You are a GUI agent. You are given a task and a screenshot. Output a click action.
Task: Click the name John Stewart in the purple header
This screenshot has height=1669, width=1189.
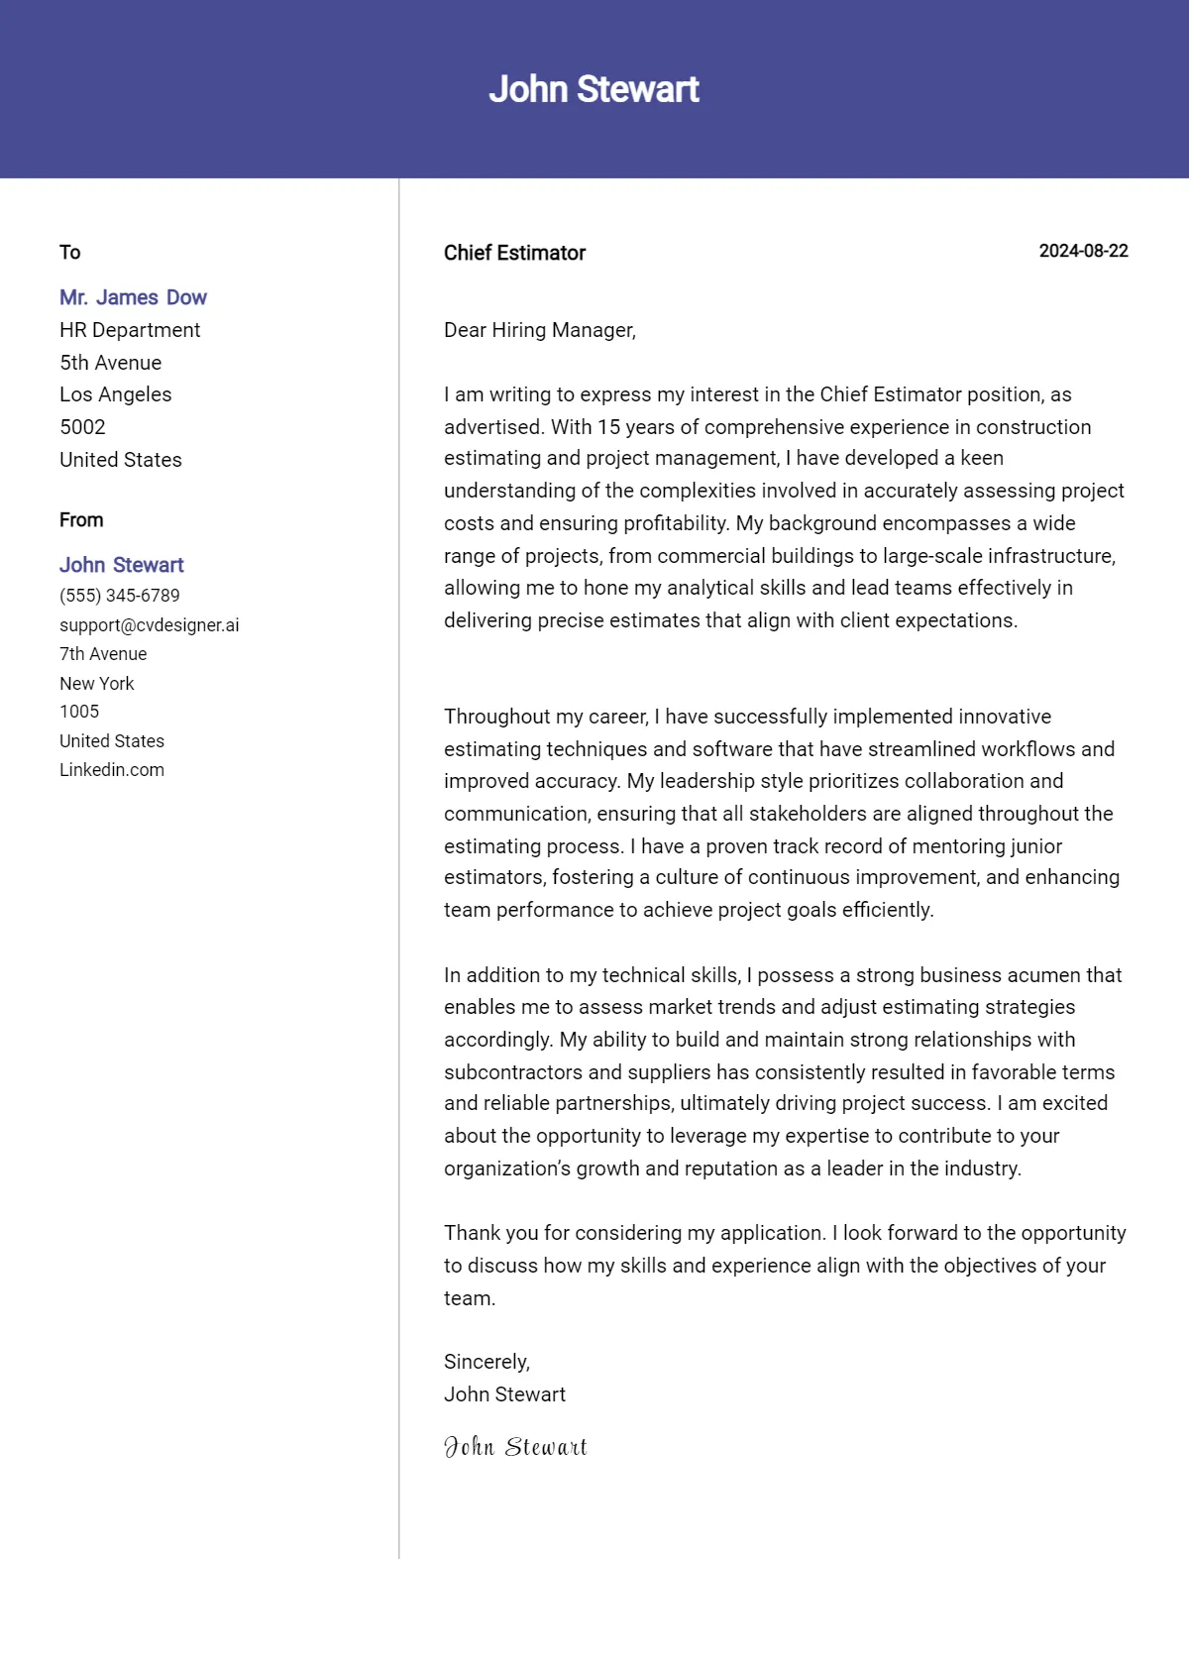pos(594,89)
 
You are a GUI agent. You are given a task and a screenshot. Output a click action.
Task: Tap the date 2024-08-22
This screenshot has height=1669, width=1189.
pos(1083,251)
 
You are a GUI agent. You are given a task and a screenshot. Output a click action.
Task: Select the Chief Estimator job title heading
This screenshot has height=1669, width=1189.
pos(514,253)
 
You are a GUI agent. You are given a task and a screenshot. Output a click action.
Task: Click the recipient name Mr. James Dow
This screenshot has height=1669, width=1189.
pos(133,297)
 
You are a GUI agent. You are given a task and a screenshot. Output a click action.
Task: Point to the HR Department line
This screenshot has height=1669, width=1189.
pos(130,330)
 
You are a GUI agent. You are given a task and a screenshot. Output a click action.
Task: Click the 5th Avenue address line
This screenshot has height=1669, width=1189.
pos(110,363)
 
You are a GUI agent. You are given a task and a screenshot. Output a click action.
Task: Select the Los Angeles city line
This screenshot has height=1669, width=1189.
pos(115,394)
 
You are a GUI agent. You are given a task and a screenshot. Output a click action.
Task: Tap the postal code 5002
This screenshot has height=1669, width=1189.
pos(82,427)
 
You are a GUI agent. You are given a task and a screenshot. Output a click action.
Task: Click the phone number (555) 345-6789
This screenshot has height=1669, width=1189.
pos(120,596)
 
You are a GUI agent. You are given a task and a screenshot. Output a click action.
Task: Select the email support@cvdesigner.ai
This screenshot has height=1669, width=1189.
pos(149,625)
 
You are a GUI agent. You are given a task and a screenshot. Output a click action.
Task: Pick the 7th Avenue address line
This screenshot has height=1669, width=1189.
pos(103,654)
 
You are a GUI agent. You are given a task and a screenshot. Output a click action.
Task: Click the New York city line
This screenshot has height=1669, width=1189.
pos(96,684)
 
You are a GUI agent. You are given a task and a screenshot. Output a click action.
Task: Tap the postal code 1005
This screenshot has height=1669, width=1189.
pos(79,712)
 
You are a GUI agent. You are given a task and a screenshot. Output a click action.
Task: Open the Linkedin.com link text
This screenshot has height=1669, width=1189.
pos(112,770)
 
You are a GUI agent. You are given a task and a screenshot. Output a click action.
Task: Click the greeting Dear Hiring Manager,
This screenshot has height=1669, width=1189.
pos(539,330)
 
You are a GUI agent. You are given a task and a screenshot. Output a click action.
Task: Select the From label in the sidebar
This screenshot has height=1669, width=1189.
pos(81,520)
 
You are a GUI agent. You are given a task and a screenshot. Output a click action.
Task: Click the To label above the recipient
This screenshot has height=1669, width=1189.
pos(69,252)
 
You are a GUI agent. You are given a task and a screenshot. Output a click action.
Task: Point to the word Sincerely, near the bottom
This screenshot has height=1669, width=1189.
pos(486,1362)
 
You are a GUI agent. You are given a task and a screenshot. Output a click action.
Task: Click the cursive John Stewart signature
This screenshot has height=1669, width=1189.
pos(515,1447)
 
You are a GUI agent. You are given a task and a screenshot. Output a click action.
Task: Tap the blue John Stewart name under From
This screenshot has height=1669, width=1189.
pos(122,565)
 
